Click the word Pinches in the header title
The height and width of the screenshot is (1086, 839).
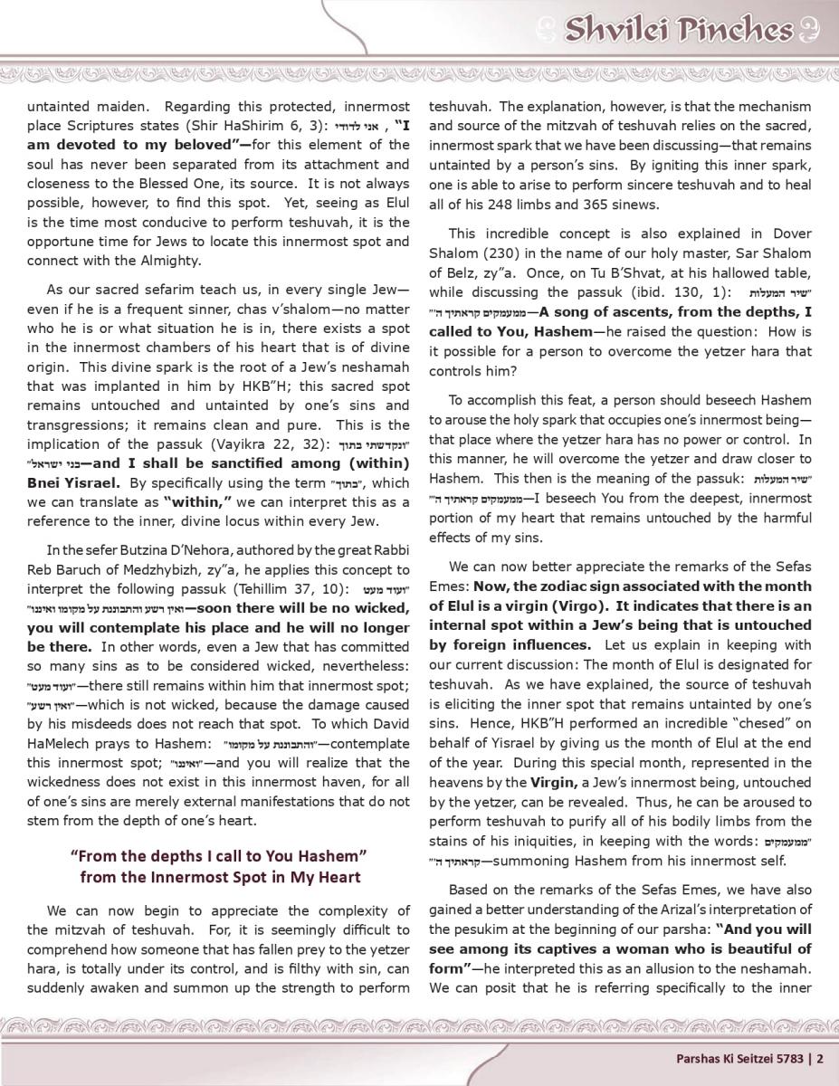[739, 29]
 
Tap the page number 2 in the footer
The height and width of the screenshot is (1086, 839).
[821, 1057]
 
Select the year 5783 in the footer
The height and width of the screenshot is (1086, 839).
[789, 1057]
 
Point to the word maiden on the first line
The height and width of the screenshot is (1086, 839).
[119, 107]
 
